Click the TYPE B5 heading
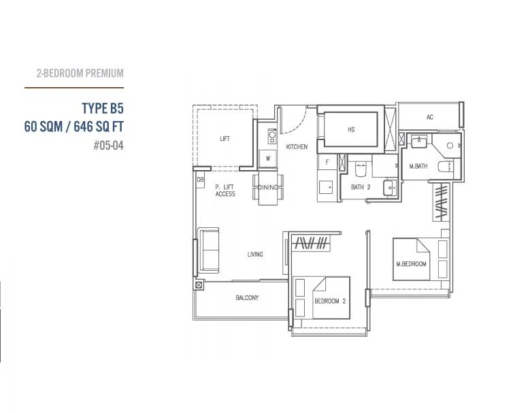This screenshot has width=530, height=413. click(103, 108)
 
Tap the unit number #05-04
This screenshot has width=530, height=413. click(108, 146)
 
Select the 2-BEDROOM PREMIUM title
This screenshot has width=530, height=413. click(80, 73)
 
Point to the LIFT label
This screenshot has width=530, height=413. click(225, 139)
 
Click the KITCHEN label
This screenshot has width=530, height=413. click(297, 147)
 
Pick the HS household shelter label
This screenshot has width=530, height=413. click(351, 129)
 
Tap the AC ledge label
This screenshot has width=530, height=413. click(429, 117)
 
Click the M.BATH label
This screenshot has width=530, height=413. click(418, 166)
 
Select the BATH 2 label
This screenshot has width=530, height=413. click(361, 187)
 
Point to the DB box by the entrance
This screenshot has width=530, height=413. click(200, 180)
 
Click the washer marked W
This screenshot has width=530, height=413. click(268, 158)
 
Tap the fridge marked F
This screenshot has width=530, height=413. click(327, 162)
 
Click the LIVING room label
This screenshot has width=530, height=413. click(255, 254)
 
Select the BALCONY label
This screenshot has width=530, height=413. click(247, 298)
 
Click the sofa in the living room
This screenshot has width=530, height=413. click(209, 250)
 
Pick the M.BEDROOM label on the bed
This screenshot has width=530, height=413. click(411, 264)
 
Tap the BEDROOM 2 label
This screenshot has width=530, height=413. click(330, 301)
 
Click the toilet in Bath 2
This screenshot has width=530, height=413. click(361, 169)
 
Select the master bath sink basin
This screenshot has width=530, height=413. click(419, 141)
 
